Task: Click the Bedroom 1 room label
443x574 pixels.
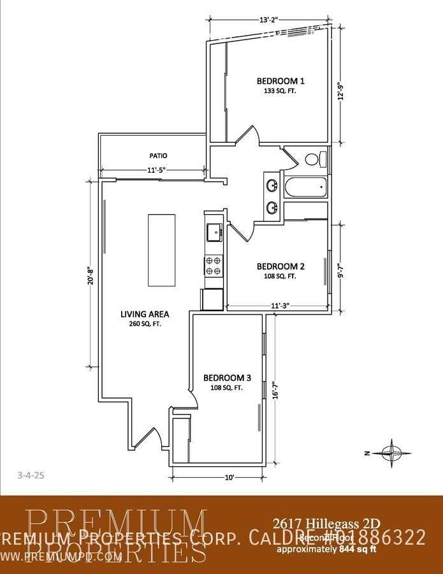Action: [280, 81]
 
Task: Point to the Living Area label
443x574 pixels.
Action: [145, 314]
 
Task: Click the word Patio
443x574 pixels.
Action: [158, 156]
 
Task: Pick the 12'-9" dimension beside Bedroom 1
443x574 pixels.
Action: [341, 93]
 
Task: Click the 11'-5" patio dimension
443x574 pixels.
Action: [153, 170]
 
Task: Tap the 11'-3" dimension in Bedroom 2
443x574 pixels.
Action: [280, 305]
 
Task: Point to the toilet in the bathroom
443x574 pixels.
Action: [314, 159]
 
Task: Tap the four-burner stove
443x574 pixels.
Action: [214, 265]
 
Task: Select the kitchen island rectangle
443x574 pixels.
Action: [161, 251]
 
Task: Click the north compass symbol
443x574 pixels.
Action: [388, 452]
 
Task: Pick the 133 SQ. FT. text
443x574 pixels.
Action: [280, 91]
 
